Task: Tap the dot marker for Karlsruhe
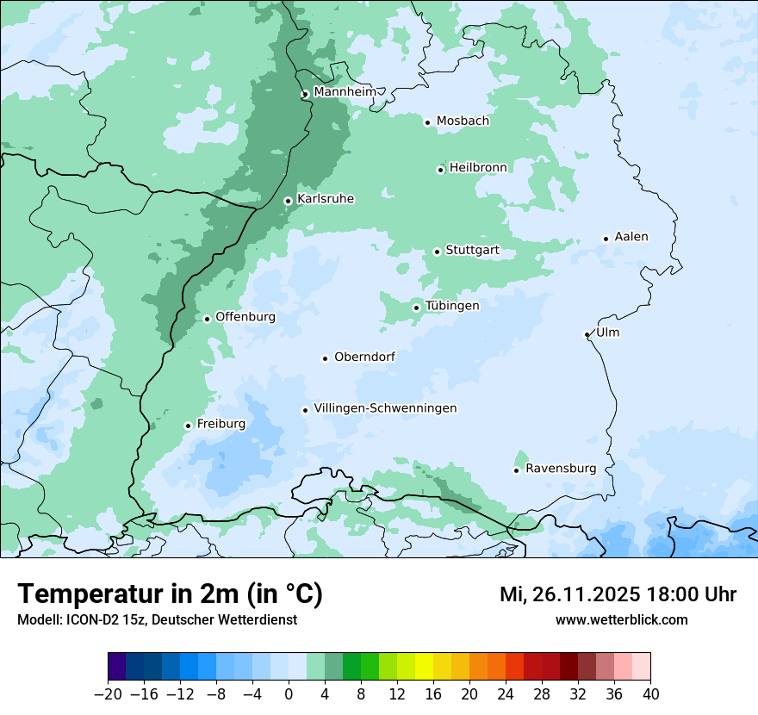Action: pyautogui.click(x=289, y=201)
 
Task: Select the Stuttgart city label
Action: pyautogui.click(x=472, y=251)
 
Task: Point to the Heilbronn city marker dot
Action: pyautogui.click(x=440, y=170)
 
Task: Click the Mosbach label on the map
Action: pyautogui.click(x=463, y=121)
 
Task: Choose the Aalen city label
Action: pyautogui.click(x=631, y=237)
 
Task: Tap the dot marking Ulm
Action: pyautogui.click(x=587, y=334)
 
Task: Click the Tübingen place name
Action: pyautogui.click(x=452, y=306)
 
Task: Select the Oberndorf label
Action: pyautogui.click(x=364, y=357)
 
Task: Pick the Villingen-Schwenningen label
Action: pyautogui.click(x=385, y=408)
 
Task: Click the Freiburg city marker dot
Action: pyautogui.click(x=188, y=426)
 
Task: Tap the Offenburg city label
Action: pyautogui.click(x=245, y=317)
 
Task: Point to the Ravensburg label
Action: pyautogui.click(x=561, y=469)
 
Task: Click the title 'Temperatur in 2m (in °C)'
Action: pyautogui.click(x=170, y=594)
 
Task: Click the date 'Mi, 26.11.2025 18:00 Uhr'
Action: pyautogui.click(x=618, y=594)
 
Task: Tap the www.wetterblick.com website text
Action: pyautogui.click(x=621, y=620)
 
